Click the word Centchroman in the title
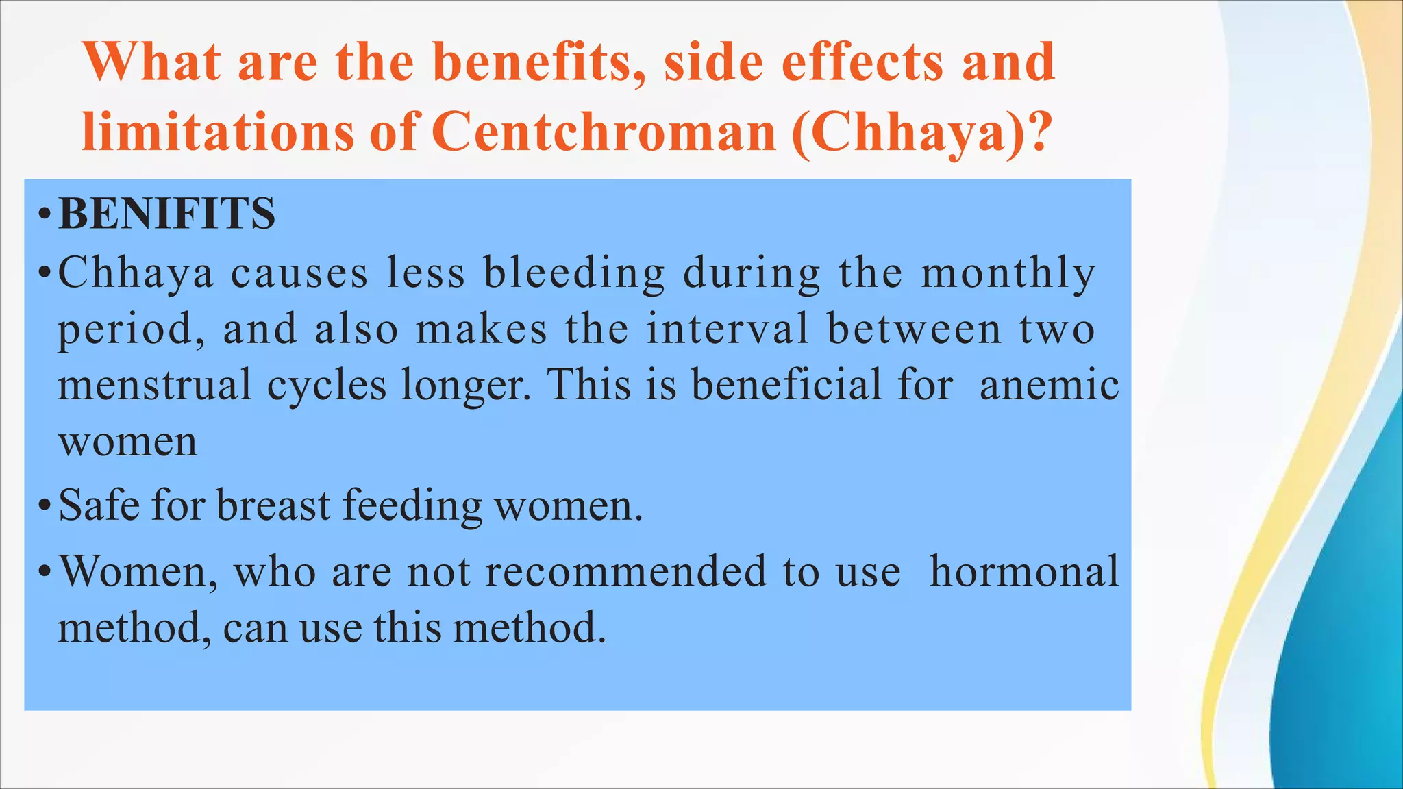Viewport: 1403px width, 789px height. pos(604,131)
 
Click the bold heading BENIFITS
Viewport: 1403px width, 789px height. pos(167,213)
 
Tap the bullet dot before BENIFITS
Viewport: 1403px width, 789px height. pos(45,214)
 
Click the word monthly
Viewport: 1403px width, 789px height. pos(1008,274)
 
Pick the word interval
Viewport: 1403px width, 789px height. pos(728,329)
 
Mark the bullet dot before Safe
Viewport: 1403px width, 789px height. pos(45,507)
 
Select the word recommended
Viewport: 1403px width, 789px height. pos(626,571)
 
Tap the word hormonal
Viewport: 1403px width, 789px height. pos(1024,571)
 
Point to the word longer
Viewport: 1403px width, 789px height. pos(466,386)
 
